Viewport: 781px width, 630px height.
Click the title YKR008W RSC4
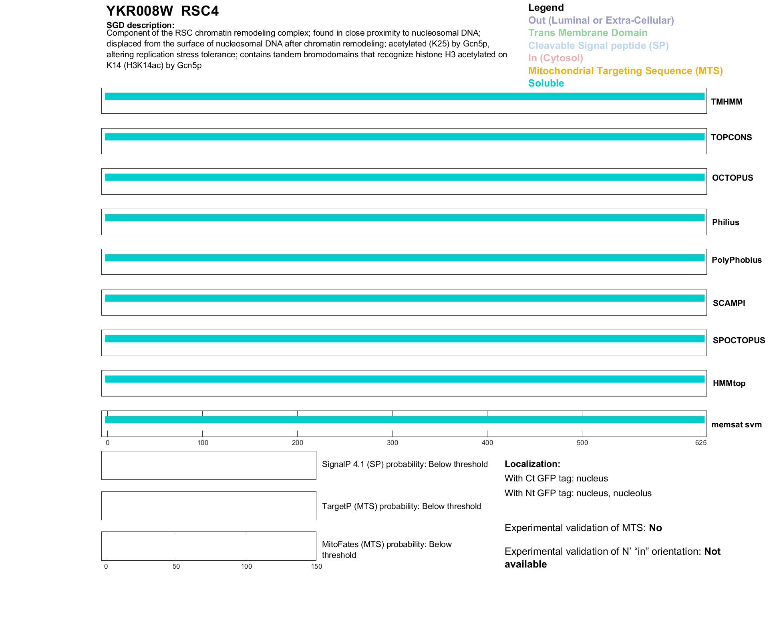(162, 11)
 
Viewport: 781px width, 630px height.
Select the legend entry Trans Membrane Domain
(588, 33)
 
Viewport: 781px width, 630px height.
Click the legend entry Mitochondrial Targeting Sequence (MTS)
(625, 71)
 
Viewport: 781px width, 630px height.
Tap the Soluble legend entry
(546, 83)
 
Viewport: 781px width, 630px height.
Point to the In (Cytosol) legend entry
(556, 58)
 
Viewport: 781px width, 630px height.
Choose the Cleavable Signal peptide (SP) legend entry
(598, 46)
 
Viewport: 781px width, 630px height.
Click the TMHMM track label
(727, 102)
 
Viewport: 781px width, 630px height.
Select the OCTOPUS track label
(732, 178)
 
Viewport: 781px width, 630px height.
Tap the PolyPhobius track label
(736, 260)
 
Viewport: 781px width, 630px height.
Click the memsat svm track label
(736, 425)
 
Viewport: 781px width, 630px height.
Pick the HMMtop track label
(729, 383)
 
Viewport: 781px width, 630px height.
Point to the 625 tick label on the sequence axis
(700, 443)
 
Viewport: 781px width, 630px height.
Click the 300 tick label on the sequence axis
(393, 443)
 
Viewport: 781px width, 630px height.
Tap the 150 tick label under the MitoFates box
(316, 566)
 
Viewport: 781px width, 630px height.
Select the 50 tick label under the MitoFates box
(176, 566)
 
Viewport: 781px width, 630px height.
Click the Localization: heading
(532, 464)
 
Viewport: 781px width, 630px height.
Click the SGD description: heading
(140, 25)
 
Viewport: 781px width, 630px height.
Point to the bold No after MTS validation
(655, 528)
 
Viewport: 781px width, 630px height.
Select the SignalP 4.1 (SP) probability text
(405, 464)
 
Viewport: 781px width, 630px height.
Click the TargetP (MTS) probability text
(401, 506)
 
